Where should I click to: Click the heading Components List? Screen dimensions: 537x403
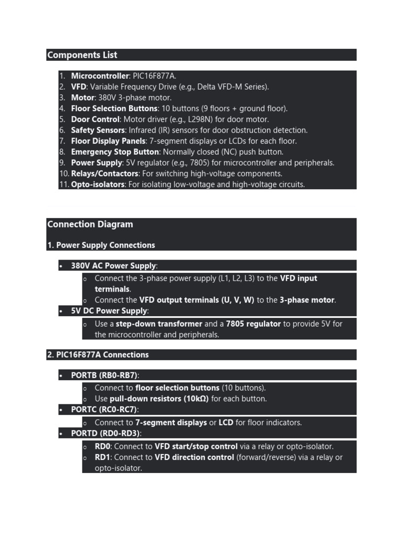(82, 55)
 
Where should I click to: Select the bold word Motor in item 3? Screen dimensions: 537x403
(83, 98)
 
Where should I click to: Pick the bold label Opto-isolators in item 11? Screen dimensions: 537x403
(98, 185)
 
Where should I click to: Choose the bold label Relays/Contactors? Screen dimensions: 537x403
(105, 174)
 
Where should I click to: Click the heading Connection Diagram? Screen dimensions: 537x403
(90, 224)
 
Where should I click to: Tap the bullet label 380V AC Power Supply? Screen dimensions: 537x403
(113, 266)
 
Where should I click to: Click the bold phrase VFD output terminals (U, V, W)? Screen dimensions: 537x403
(197, 300)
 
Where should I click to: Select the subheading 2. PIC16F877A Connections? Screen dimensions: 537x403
(98, 355)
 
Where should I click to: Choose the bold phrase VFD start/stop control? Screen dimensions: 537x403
(197, 446)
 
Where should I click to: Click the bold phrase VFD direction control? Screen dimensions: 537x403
(194, 457)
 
